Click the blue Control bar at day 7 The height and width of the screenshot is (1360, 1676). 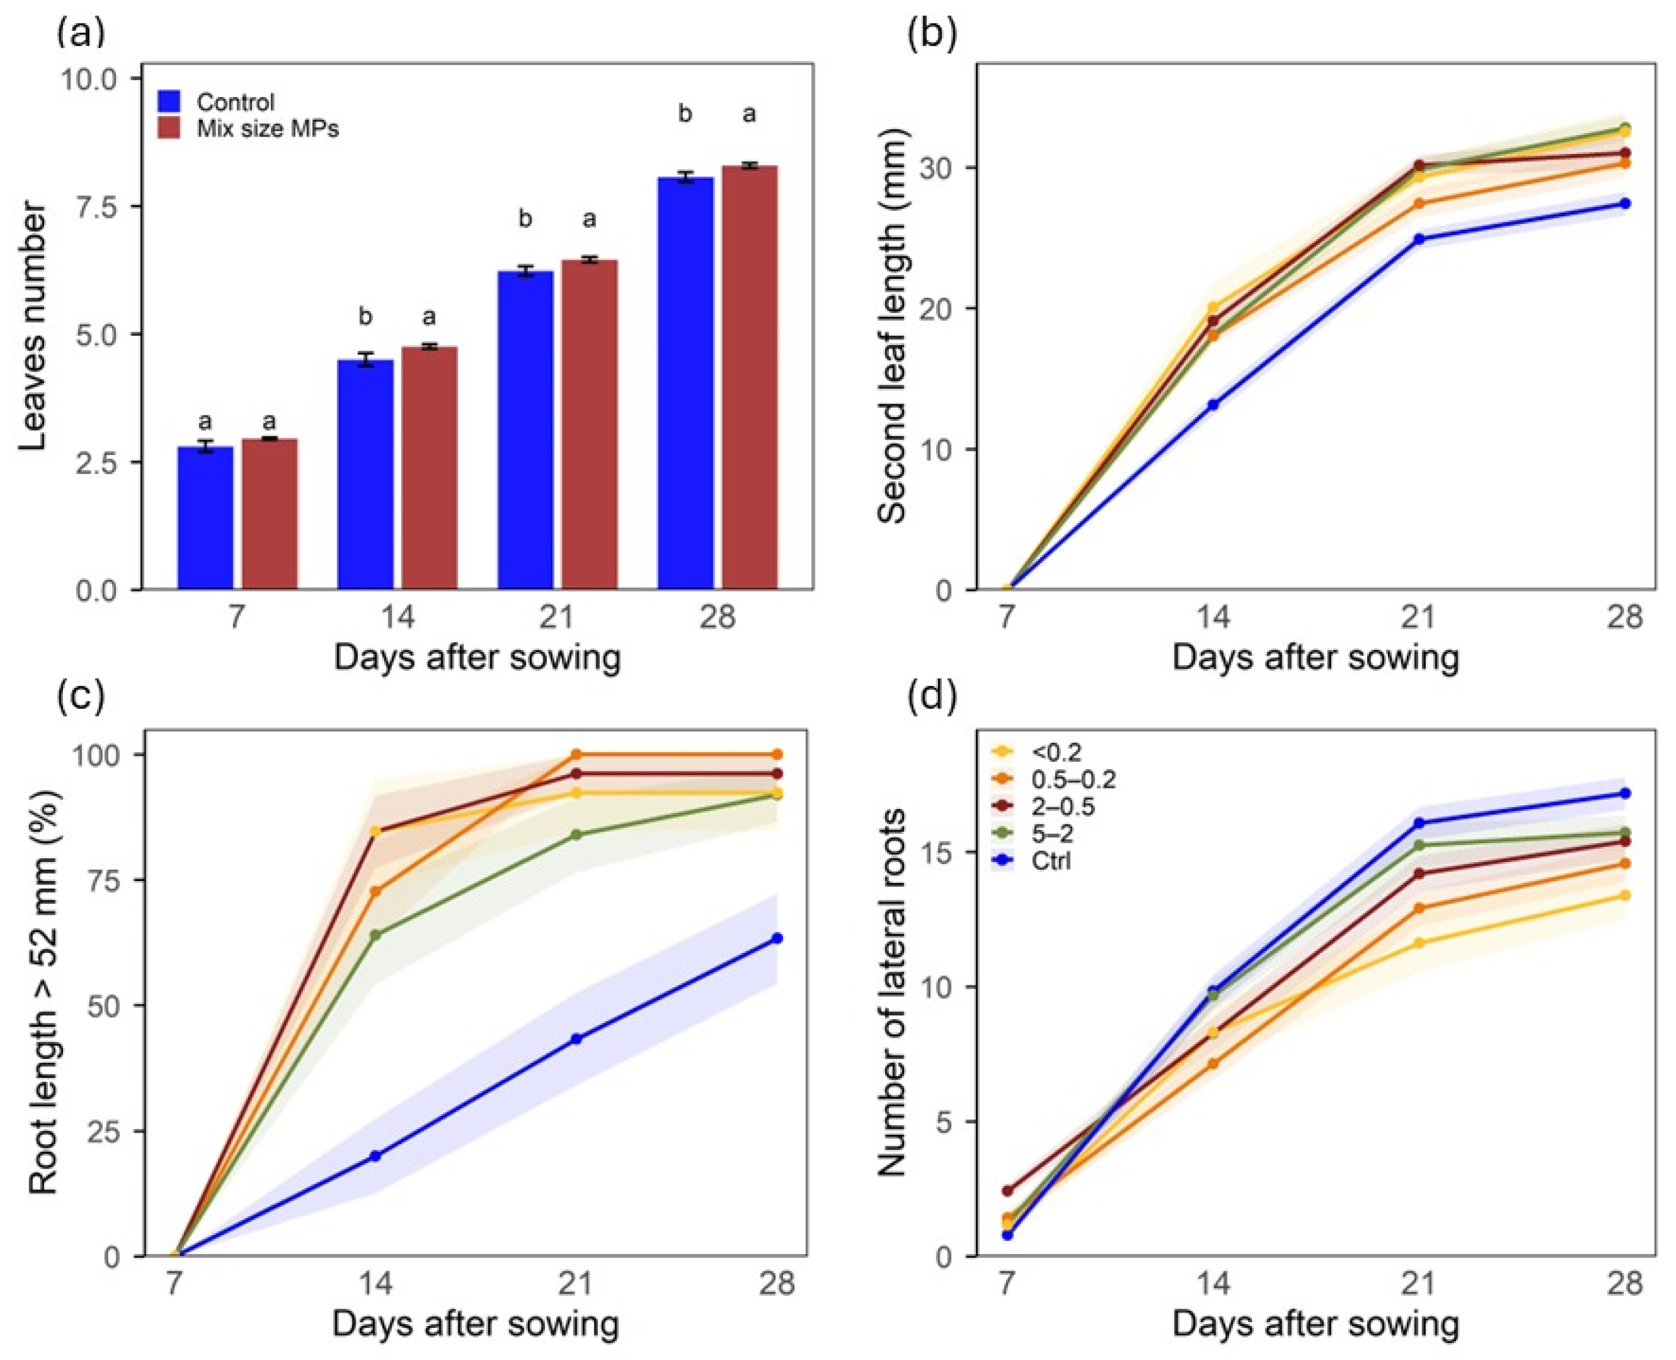click(x=205, y=518)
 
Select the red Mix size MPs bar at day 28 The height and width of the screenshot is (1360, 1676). click(x=750, y=377)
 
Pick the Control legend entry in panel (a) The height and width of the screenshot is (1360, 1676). click(x=216, y=102)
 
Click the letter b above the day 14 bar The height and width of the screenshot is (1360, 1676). click(x=365, y=317)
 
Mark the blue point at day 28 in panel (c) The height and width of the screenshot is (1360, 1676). click(x=777, y=938)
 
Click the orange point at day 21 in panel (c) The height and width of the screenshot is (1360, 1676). click(x=576, y=754)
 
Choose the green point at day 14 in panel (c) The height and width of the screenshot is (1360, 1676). click(x=375, y=935)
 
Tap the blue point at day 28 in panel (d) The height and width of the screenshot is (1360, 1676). click(x=1625, y=793)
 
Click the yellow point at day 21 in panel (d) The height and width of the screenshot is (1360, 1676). click(x=1418, y=942)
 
